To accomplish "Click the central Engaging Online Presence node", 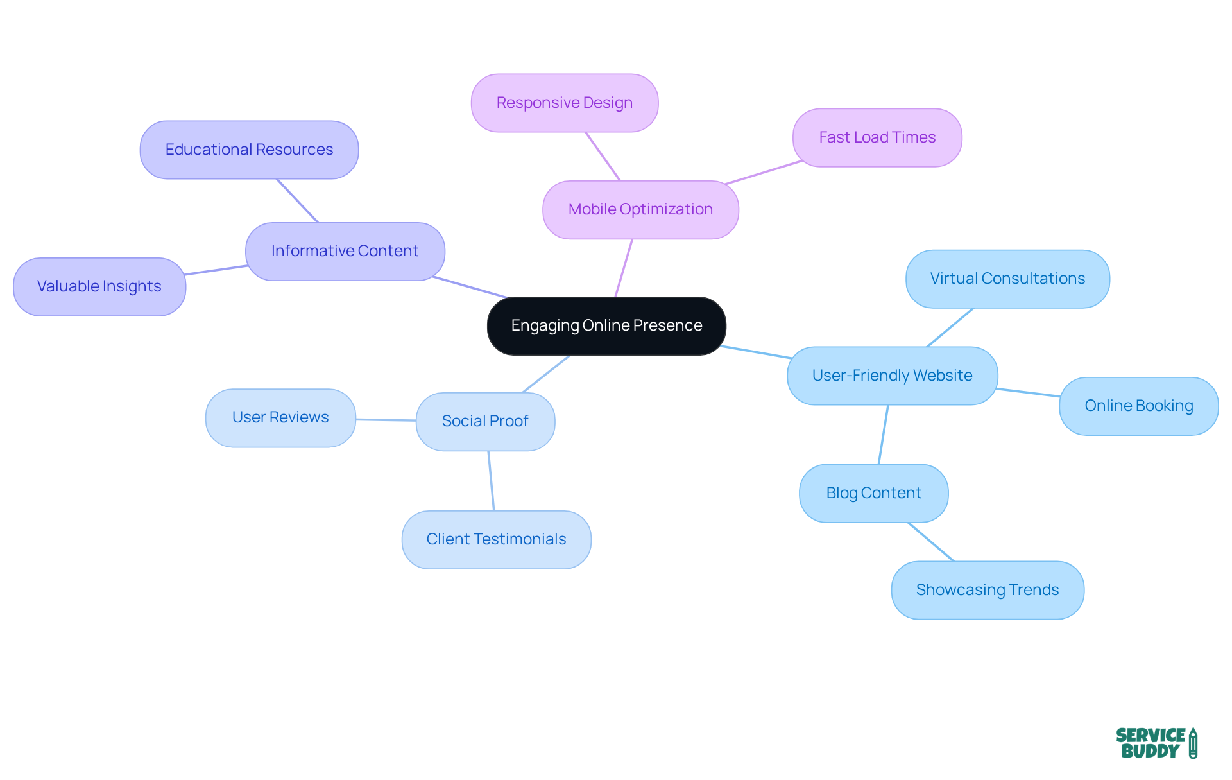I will pyautogui.click(x=606, y=325).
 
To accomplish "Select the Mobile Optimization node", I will pyautogui.click(x=640, y=209).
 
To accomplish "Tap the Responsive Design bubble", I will pyautogui.click(x=565, y=103).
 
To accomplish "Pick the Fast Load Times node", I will pyautogui.click(x=877, y=137).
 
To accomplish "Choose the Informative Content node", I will pyautogui.click(x=345, y=251).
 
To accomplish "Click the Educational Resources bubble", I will pyautogui.click(x=249, y=150).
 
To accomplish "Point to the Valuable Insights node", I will pyautogui.click(x=99, y=286).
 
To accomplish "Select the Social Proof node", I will pyautogui.click(x=485, y=421).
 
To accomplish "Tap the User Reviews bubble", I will pyautogui.click(x=280, y=417).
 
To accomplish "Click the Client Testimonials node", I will pyautogui.click(x=496, y=539).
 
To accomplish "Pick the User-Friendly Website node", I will pyautogui.click(x=892, y=376).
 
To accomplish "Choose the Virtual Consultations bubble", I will pyautogui.click(x=1007, y=279).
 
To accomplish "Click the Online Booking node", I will pyautogui.click(x=1138, y=406).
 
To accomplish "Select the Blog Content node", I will pyautogui.click(x=873, y=493).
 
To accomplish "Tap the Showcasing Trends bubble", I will pyautogui.click(x=988, y=590).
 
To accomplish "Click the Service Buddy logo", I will pyautogui.click(x=1156, y=743).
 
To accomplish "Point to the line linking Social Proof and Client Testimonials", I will pyautogui.click(x=491, y=481).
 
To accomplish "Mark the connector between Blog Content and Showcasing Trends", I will pyautogui.click(x=931, y=542).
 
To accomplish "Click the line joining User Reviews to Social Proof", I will pyautogui.click(x=386, y=420).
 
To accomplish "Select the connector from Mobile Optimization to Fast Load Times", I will pyautogui.click(x=764, y=172).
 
